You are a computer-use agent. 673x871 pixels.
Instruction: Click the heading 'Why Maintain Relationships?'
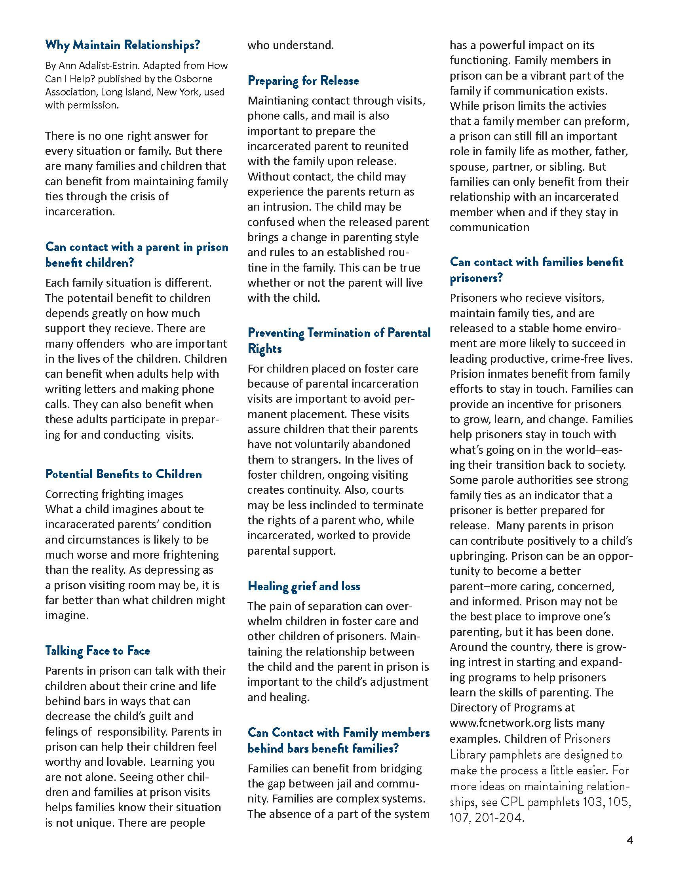pyautogui.click(x=122, y=45)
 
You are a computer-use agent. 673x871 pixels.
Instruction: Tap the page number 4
pyautogui.click(x=629, y=840)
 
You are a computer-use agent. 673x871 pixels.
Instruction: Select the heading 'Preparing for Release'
pyautogui.click(x=303, y=80)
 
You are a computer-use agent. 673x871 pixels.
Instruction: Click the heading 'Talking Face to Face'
pyautogui.click(x=98, y=650)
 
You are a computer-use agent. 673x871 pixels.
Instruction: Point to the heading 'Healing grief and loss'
pyautogui.click(x=304, y=586)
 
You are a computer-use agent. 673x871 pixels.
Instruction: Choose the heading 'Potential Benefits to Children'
pyautogui.click(x=124, y=474)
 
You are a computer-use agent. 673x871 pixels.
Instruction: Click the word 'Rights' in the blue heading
pyautogui.click(x=265, y=348)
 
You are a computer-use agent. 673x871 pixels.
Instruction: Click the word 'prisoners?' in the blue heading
pyautogui.click(x=476, y=278)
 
